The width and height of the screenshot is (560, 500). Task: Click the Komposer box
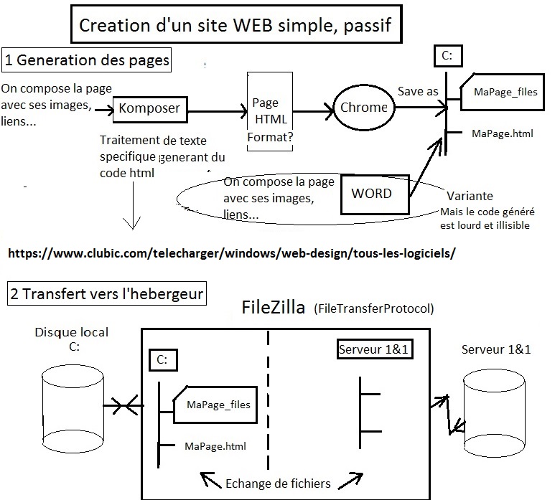click(x=150, y=109)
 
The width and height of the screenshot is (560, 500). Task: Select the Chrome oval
click(x=363, y=108)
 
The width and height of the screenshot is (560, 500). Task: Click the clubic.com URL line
click(x=232, y=253)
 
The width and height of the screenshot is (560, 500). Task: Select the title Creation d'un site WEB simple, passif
click(x=235, y=27)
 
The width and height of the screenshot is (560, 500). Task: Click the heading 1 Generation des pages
click(x=87, y=60)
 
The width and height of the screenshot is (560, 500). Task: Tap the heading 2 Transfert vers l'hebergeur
click(x=106, y=294)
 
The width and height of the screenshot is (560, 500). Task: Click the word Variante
click(x=470, y=196)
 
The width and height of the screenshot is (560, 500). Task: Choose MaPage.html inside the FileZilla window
click(x=215, y=445)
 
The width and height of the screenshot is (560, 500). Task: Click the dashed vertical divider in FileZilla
click(x=269, y=402)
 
